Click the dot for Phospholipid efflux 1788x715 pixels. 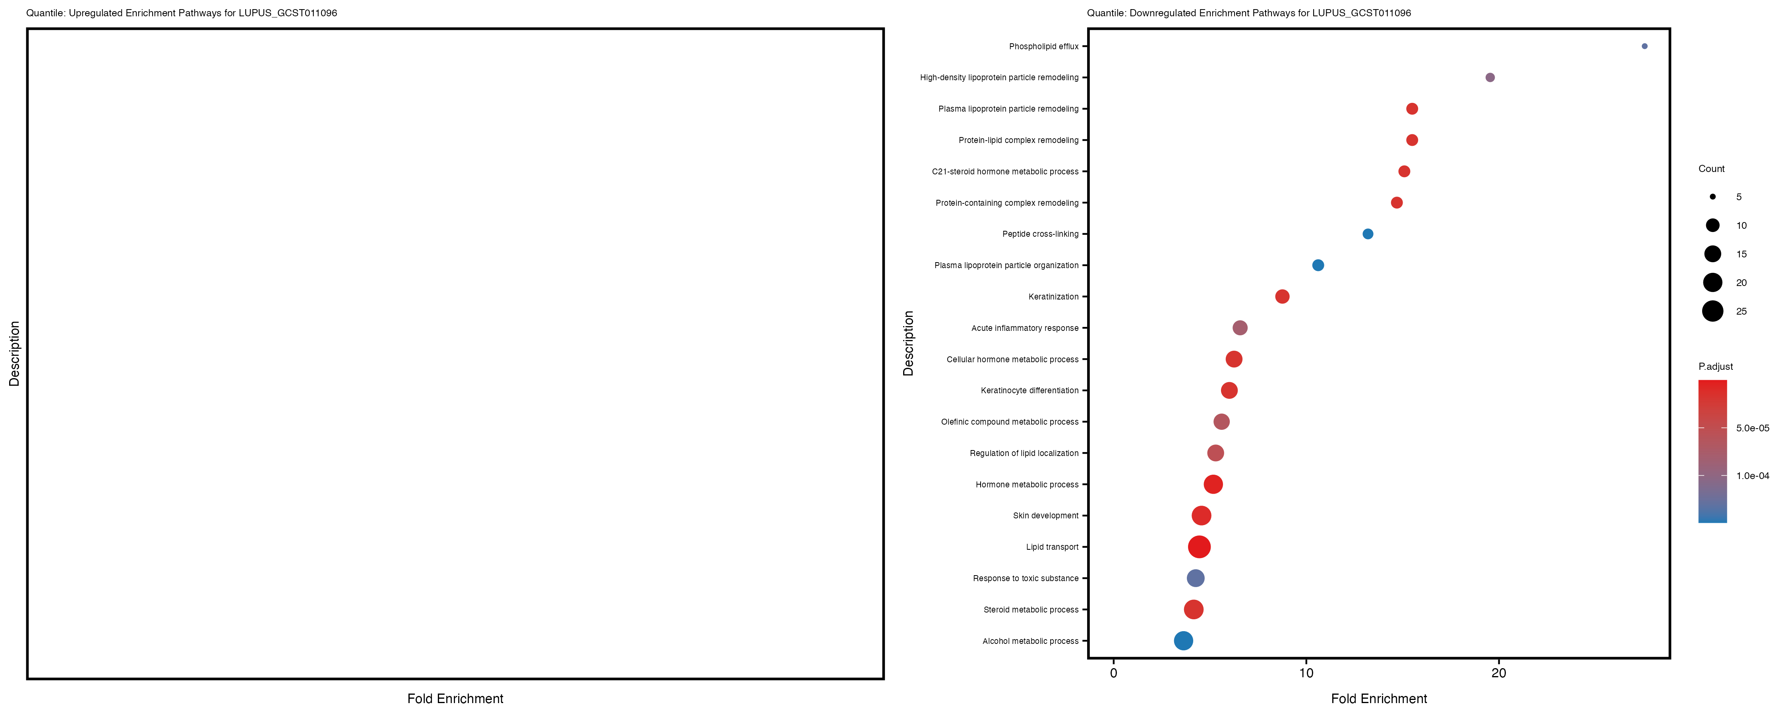1644,46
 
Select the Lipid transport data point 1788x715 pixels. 1199,547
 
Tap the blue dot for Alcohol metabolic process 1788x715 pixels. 1183,641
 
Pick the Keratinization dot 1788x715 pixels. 1282,296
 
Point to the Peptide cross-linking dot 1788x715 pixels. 1367,234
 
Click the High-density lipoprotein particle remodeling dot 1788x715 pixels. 1490,78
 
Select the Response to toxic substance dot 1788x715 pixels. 1195,578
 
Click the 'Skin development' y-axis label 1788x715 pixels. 1045,516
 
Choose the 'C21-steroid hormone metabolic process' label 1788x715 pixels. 1005,172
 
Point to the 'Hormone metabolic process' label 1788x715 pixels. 1027,485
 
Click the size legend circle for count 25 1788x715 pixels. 1713,311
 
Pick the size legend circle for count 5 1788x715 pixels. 1713,197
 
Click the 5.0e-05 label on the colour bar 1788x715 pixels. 1752,428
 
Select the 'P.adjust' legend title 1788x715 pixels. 1715,367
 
